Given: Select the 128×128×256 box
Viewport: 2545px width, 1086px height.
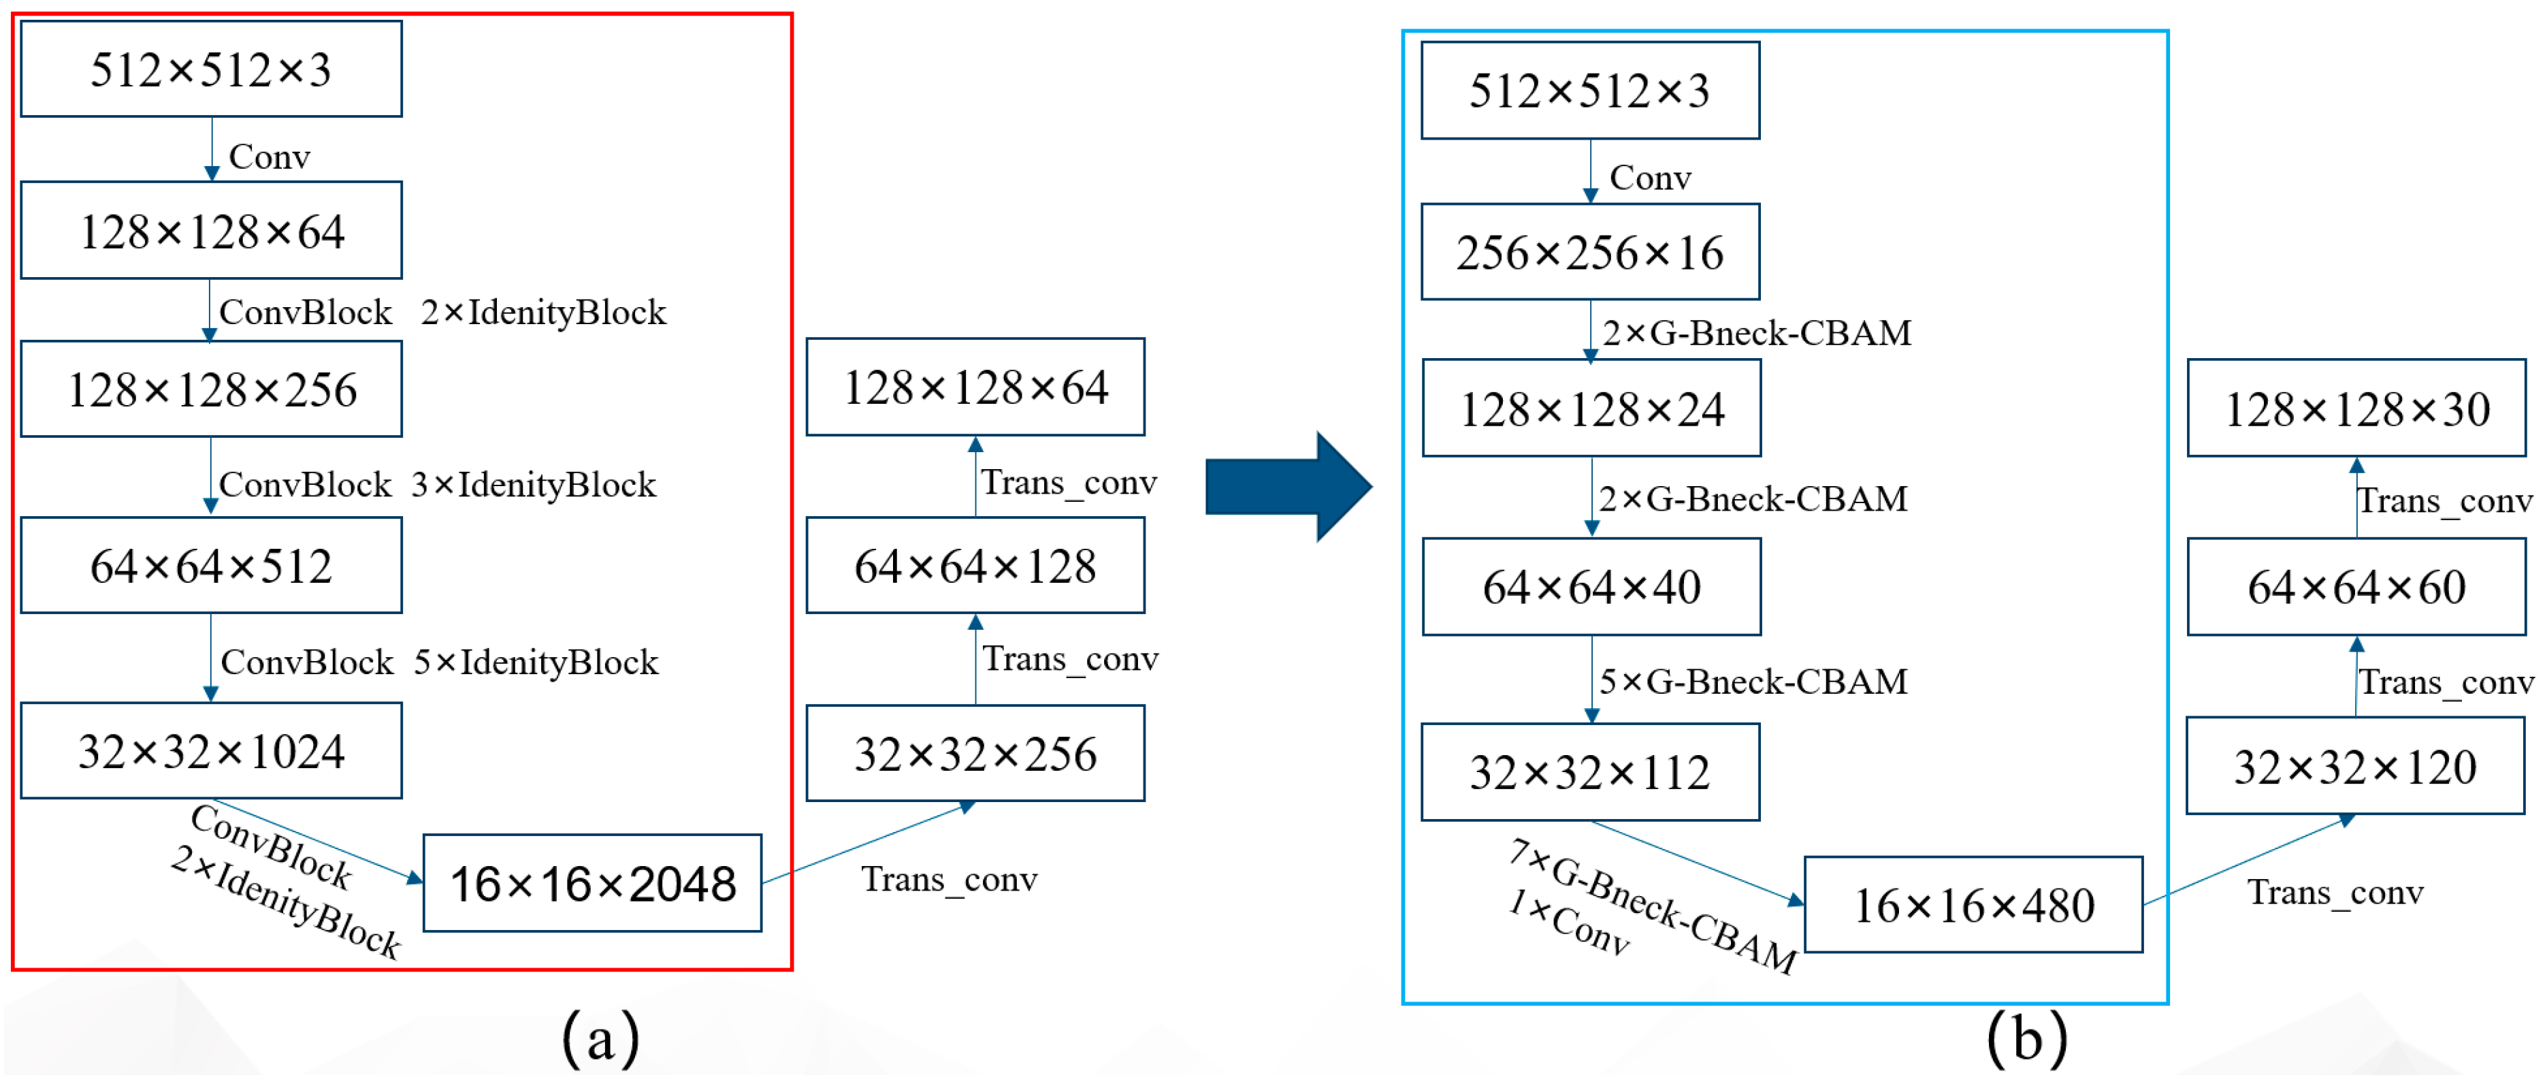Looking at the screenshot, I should (212, 389).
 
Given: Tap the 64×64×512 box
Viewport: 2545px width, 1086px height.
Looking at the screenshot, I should (212, 565).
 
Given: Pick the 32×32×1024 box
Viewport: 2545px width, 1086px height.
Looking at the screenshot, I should (212, 751).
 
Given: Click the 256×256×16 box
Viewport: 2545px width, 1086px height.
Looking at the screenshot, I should (1589, 252).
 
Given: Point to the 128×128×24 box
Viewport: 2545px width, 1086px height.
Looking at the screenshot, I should (1591, 408).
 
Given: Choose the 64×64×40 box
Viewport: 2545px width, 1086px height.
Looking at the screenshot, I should (1591, 587).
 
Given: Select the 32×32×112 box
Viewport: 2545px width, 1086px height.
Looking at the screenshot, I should (1589, 771).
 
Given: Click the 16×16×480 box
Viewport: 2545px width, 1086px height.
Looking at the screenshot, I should (1973, 905).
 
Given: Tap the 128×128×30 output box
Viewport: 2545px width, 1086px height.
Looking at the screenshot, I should (2356, 408).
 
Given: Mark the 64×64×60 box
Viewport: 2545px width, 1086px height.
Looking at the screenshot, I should (2356, 587).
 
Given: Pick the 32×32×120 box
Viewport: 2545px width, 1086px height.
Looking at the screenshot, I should (2355, 767).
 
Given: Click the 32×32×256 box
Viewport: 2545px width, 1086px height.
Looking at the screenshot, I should (975, 753).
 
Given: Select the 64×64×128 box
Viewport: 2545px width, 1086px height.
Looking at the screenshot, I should (975, 565).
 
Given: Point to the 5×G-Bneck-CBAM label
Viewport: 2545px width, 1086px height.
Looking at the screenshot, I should (1753, 681).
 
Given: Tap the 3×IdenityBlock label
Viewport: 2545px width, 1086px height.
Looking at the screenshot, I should (534, 484).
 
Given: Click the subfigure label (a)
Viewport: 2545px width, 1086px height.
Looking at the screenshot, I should (600, 1038).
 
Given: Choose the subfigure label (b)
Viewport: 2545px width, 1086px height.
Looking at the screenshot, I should (2026, 1038).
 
